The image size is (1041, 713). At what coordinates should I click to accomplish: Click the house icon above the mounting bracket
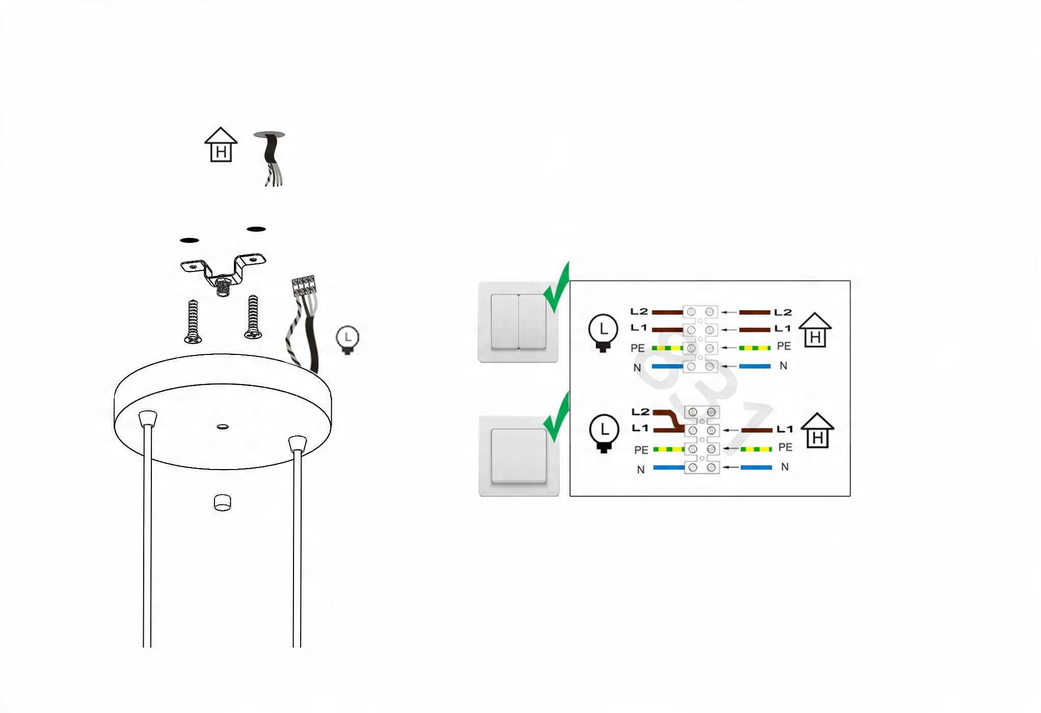tap(221, 145)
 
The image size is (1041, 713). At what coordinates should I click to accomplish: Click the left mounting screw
tap(193, 321)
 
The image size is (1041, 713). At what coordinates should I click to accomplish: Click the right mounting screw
tap(253, 317)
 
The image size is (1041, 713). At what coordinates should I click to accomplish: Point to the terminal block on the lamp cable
tap(304, 286)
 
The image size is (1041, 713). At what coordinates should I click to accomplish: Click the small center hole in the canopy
tap(223, 427)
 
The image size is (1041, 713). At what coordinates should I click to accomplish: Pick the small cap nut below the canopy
tap(222, 502)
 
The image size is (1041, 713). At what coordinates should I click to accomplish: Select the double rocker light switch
tap(518, 322)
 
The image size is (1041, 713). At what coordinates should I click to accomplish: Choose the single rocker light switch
tap(519, 456)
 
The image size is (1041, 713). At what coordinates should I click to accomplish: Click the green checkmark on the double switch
tap(556, 288)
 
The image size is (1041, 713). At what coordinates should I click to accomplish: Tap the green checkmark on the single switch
tap(556, 418)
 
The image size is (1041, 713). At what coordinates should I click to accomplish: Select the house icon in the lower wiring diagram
tap(817, 430)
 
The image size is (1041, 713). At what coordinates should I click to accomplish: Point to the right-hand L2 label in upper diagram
tap(783, 312)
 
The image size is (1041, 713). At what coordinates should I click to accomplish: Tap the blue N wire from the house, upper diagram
tap(755, 366)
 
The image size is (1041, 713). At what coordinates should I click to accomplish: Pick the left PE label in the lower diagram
tap(641, 450)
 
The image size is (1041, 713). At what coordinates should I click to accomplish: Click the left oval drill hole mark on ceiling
tap(190, 240)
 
